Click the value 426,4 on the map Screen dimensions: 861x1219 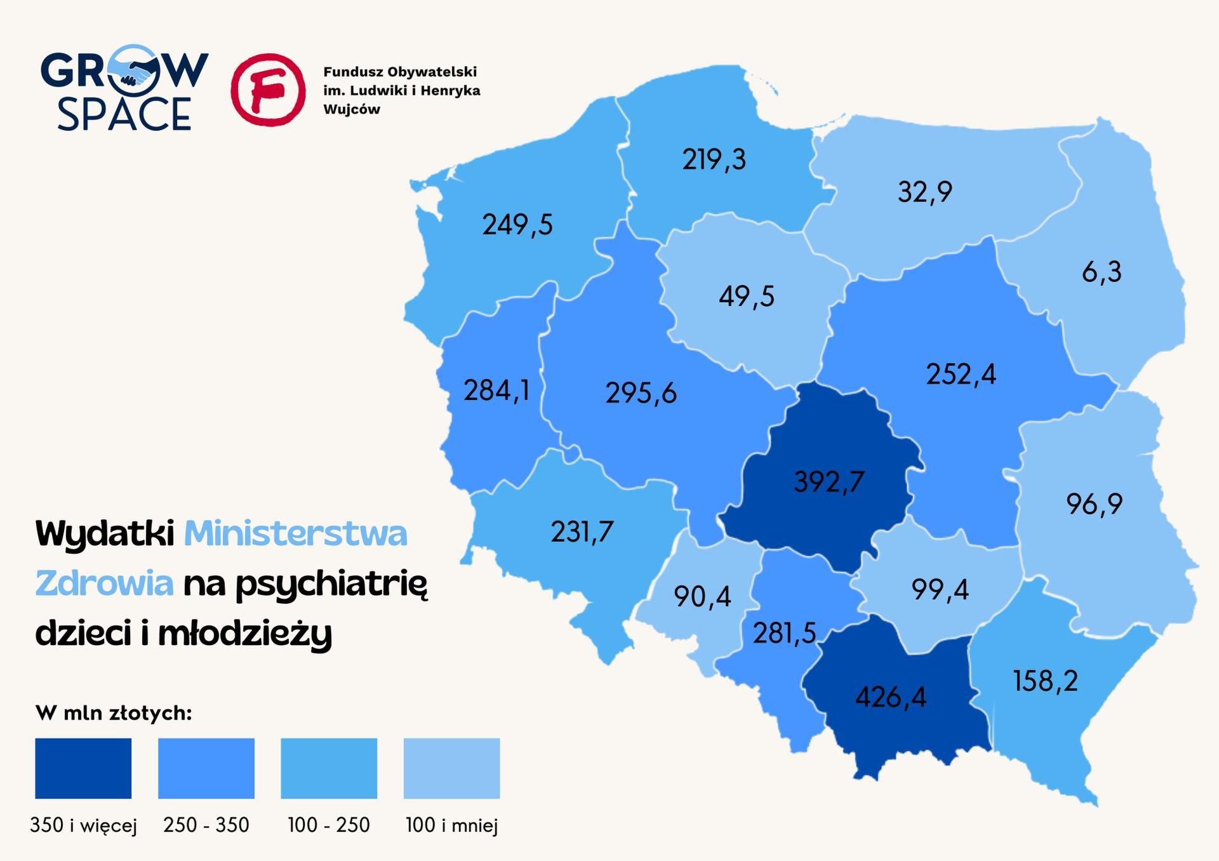tap(890, 697)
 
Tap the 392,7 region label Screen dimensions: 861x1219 tap(829, 482)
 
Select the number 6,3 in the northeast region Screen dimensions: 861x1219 tap(1102, 272)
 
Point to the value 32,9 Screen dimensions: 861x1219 tap(924, 192)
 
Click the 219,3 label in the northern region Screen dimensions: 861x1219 tap(714, 159)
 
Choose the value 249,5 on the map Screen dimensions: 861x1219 tap(517, 225)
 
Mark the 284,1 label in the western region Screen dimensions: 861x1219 tap(496, 390)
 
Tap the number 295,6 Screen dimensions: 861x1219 tap(641, 394)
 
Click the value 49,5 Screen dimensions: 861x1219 tap(747, 297)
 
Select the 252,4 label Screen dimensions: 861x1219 tap(961, 375)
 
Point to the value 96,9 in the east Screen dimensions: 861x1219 tap(1094, 504)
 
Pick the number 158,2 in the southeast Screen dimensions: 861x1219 tap(1045, 681)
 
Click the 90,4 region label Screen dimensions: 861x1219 tap(702, 597)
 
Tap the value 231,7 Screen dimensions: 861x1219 tap(582, 532)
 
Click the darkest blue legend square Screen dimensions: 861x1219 tap(83, 768)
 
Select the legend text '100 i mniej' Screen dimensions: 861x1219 tap(451, 825)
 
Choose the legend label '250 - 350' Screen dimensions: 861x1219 tap(206, 825)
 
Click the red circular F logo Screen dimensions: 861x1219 tap(268, 90)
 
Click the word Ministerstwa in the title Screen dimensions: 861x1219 tap(295, 533)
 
